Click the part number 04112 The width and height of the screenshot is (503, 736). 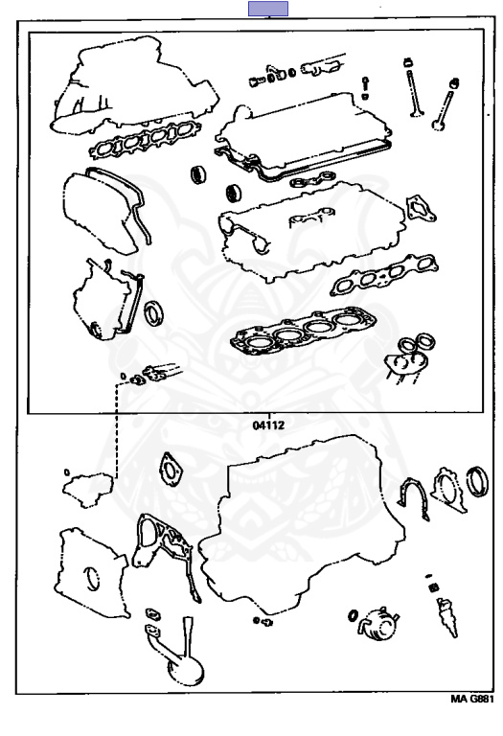pyautogui.click(x=269, y=425)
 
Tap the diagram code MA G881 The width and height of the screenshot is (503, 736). pyautogui.click(x=472, y=699)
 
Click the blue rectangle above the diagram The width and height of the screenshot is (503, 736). pyautogui.click(x=268, y=9)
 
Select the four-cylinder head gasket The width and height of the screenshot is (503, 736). pyautogui.click(x=303, y=331)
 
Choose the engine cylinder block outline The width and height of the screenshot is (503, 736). pyautogui.click(x=300, y=523)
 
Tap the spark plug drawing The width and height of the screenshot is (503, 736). pyautogui.click(x=446, y=615)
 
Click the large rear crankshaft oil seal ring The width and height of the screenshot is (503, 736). pyautogui.click(x=477, y=481)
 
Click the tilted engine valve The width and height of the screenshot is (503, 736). pyautogui.click(x=445, y=104)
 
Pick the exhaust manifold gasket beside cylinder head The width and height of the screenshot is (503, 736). pyautogui.click(x=384, y=274)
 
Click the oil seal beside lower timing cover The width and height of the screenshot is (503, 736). pyautogui.click(x=154, y=313)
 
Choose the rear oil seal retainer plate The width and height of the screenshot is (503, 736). pyautogui.click(x=448, y=489)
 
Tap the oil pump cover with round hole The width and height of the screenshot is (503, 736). pyautogui.click(x=91, y=574)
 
